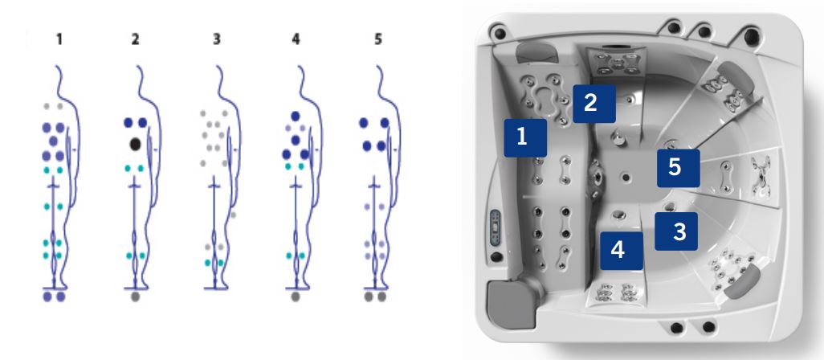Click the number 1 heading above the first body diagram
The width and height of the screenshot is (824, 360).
click(59, 39)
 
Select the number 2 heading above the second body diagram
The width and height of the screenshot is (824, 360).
click(135, 39)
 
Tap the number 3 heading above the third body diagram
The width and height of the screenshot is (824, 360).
click(217, 39)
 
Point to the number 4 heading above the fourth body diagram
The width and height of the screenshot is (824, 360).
click(296, 39)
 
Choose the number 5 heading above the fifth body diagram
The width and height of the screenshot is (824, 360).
click(377, 39)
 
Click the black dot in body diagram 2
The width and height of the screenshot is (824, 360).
click(135, 144)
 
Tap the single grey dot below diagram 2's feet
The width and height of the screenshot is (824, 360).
click(136, 297)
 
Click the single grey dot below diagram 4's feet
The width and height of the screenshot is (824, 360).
click(296, 297)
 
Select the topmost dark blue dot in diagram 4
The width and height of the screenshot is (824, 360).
click(296, 116)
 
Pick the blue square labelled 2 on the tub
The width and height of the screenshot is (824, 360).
click(594, 104)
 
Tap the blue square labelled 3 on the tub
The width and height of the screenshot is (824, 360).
click(676, 231)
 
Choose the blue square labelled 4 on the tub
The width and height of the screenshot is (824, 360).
click(622, 251)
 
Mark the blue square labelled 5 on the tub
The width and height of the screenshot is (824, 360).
click(679, 168)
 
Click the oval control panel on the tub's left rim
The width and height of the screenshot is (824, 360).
click(495, 227)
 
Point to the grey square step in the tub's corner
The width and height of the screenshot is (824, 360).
click(509, 300)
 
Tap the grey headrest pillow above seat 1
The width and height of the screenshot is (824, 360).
click(532, 53)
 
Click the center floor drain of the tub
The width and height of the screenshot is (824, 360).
click(624, 177)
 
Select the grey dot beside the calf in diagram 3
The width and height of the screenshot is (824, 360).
click(234, 215)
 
